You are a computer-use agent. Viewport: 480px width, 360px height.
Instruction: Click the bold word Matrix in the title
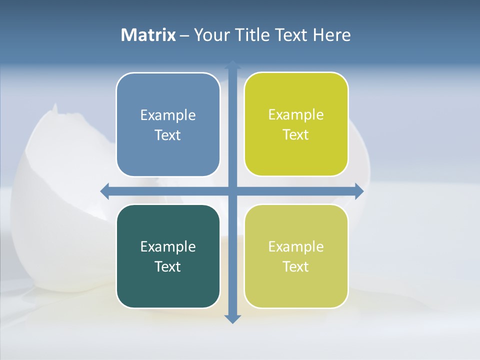point(148,35)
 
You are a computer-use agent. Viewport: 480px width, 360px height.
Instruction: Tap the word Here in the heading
point(332,35)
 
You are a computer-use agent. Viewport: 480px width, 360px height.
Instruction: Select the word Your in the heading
point(210,35)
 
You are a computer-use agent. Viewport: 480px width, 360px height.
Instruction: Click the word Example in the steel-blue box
point(168,115)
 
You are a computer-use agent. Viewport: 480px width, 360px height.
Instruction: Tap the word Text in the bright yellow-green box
point(296,135)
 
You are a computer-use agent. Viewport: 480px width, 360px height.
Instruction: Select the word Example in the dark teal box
point(168,247)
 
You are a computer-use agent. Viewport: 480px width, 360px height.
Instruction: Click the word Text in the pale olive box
point(296,266)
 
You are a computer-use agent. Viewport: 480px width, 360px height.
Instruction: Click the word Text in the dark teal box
point(168,266)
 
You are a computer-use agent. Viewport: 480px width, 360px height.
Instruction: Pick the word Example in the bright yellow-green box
point(296,115)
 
